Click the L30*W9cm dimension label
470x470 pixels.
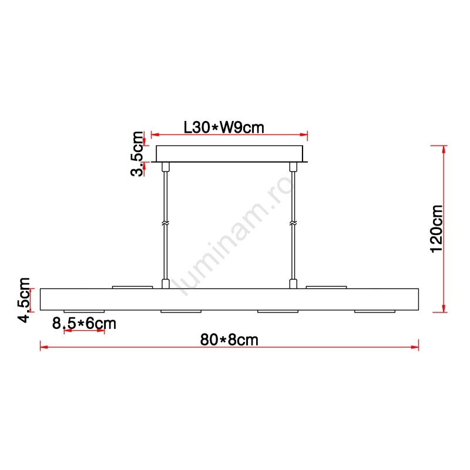click(224, 127)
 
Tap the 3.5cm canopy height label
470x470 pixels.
click(137, 154)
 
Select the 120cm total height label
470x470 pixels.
click(437, 229)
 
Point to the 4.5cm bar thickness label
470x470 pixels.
click(24, 300)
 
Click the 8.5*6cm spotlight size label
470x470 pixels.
click(84, 324)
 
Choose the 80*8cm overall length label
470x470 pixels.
click(229, 340)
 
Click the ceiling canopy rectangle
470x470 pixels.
click(229, 154)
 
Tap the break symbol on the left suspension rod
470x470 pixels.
click(166, 223)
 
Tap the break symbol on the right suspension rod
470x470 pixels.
click(293, 223)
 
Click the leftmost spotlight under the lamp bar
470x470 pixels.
click(84, 311)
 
